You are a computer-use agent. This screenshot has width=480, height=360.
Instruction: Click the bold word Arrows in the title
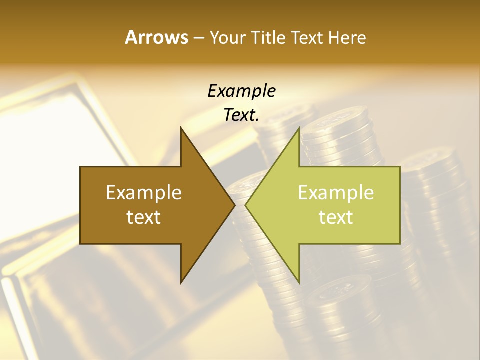tap(156, 37)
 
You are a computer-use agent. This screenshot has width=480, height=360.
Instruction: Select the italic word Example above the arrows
tap(241, 91)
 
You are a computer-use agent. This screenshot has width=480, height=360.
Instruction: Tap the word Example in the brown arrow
tap(144, 192)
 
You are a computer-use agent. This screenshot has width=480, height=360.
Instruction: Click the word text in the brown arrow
tap(144, 217)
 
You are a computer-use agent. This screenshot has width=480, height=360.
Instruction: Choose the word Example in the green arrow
tap(336, 192)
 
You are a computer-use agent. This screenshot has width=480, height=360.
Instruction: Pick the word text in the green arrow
tap(336, 217)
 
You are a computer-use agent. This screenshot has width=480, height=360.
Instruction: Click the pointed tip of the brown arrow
tap(234, 205)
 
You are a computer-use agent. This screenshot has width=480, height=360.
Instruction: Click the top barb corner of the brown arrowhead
tap(181, 128)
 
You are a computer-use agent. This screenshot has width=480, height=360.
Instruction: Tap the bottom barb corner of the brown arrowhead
tap(181, 282)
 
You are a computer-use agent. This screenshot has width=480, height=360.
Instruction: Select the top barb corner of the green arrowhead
tap(299, 128)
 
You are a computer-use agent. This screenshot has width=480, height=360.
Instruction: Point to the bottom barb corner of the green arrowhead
tap(299, 282)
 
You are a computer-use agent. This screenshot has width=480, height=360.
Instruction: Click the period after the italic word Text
tap(258, 120)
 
